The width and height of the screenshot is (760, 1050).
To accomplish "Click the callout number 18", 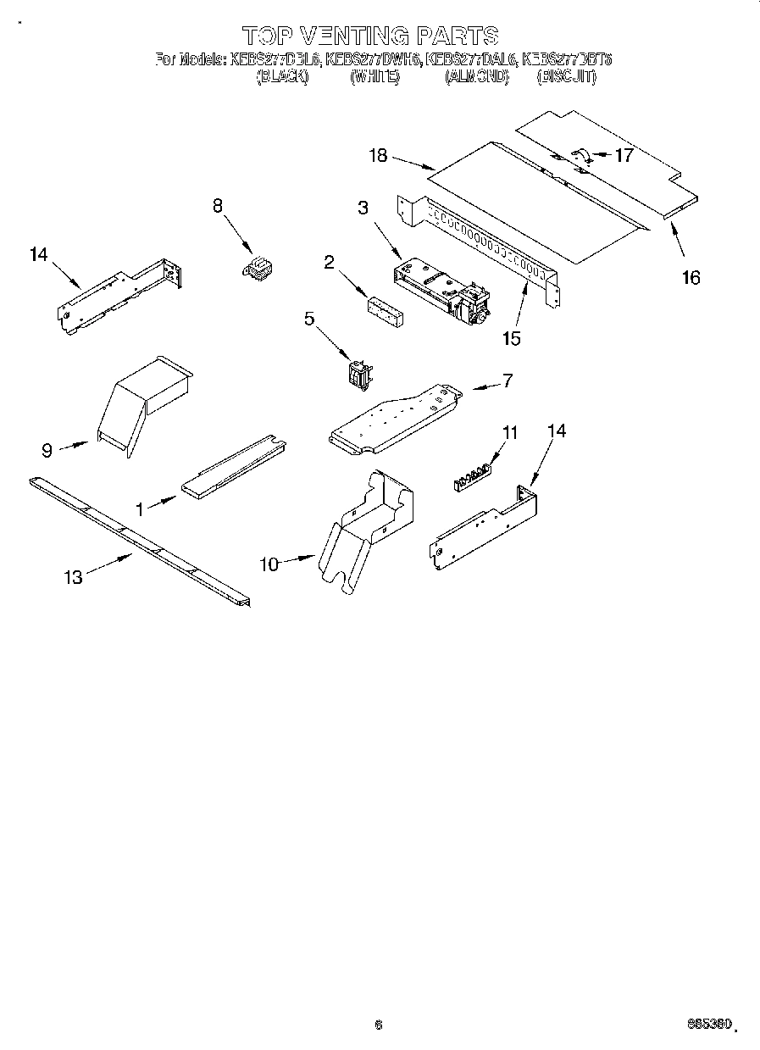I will pos(378,155).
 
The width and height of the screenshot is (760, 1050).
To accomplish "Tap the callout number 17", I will pos(624,155).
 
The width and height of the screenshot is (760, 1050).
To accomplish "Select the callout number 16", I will pos(691,277).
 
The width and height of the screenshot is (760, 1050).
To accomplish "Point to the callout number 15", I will pos(510,338).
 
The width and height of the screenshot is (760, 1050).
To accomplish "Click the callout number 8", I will pos(218,204).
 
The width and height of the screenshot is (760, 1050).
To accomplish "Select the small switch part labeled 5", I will pos(358,375).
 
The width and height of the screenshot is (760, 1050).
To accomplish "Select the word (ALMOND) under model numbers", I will pos(476,76).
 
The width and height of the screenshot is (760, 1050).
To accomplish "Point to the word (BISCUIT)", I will pos(566,76).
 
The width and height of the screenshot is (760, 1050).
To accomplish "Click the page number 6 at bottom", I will pos(379,1025).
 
